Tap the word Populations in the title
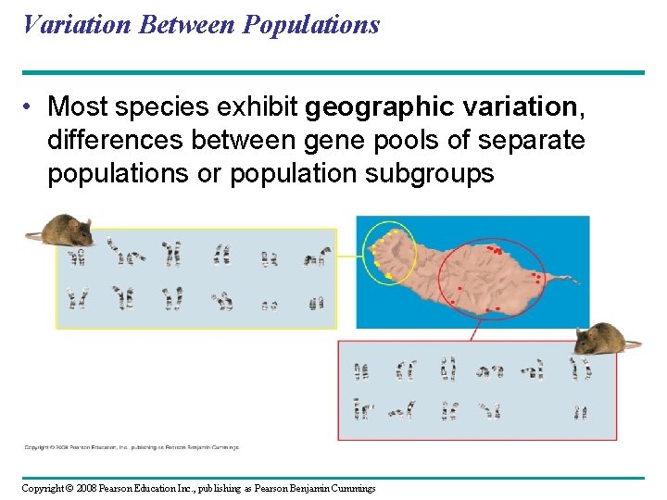pos(311,25)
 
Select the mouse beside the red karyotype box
pos(603,339)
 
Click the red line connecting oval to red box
pos(476,331)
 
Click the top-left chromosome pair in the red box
pos(361,371)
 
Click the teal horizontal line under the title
pos(333,72)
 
